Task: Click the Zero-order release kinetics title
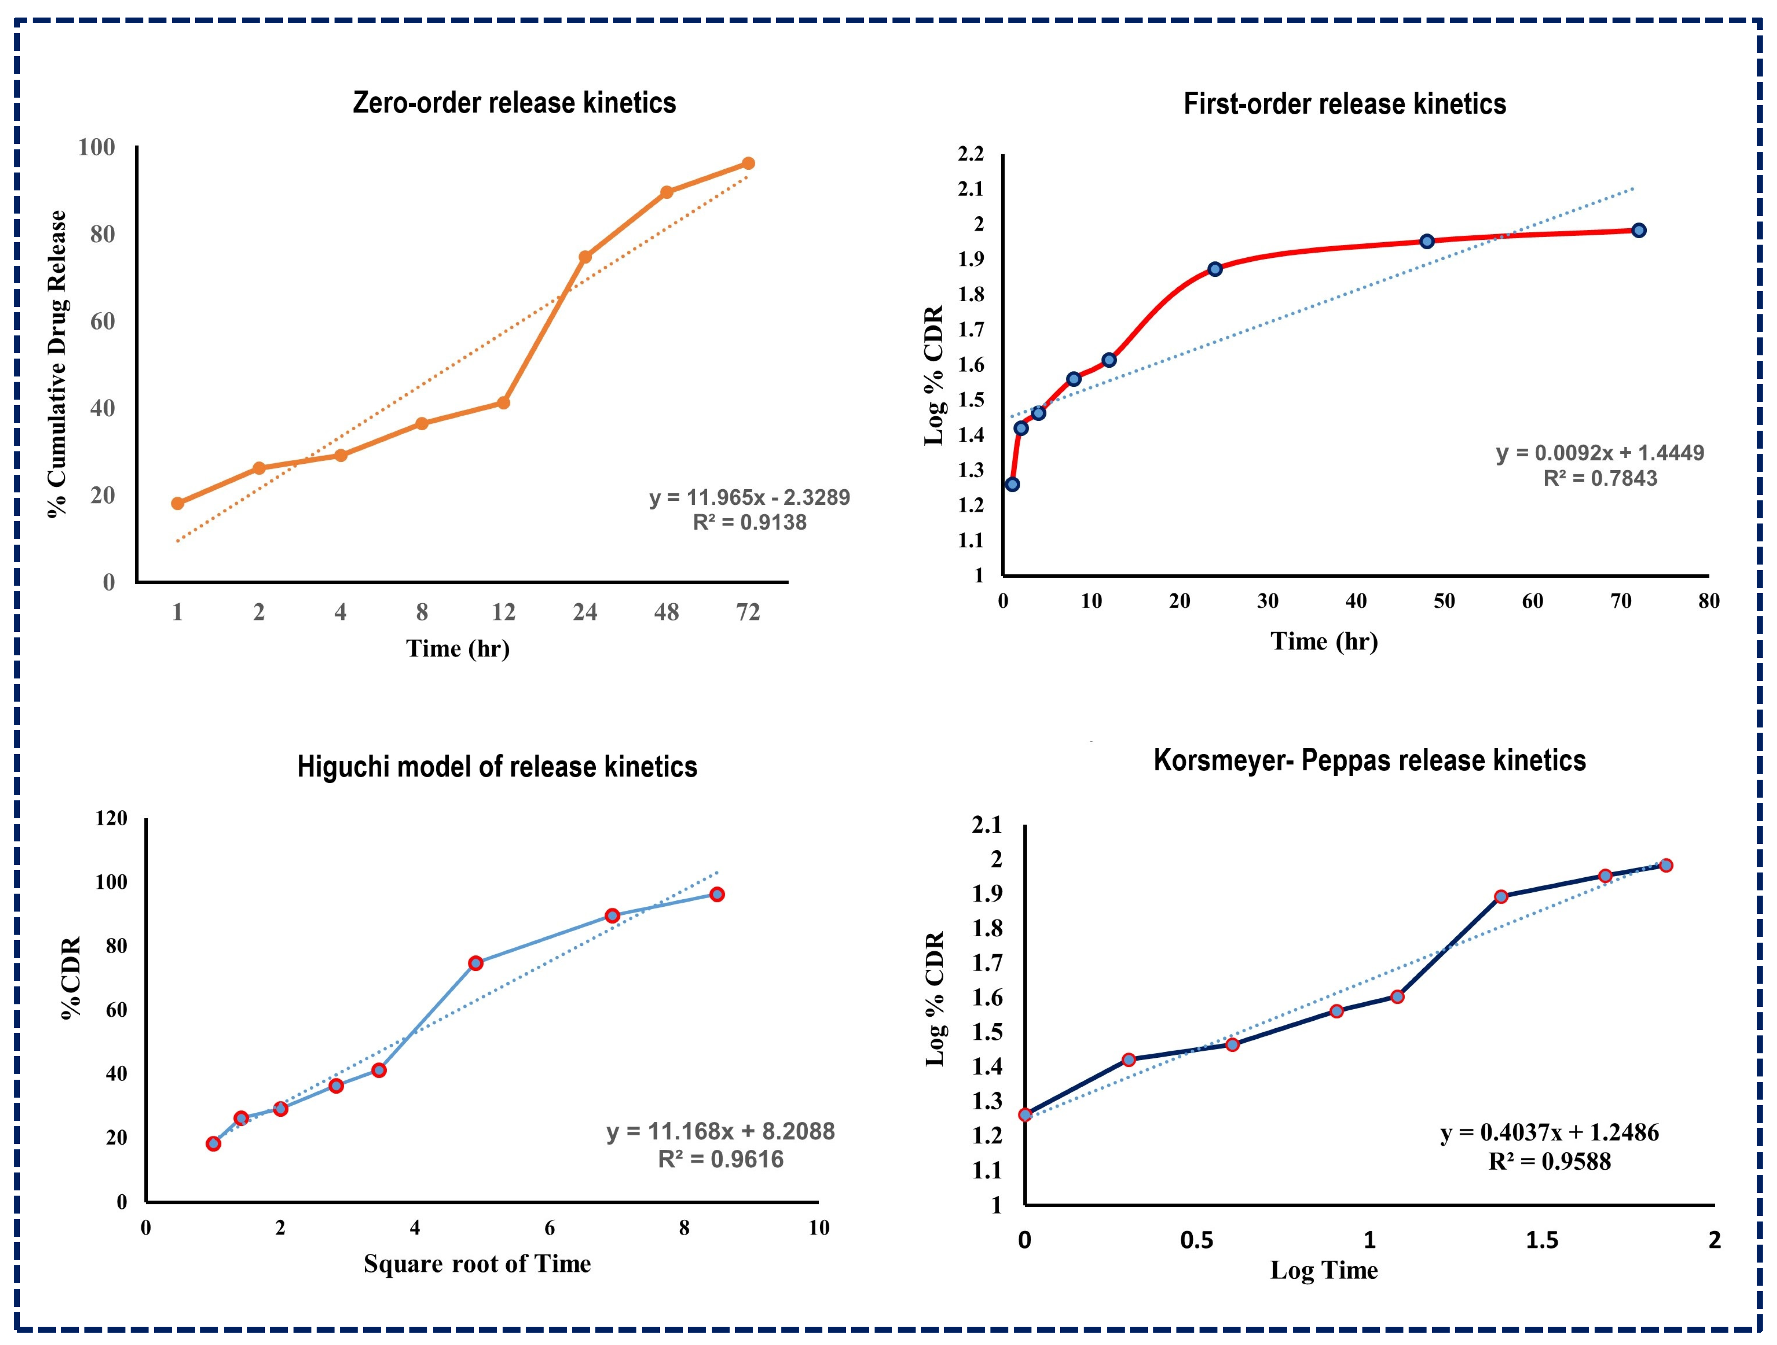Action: point(514,103)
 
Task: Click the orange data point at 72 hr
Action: point(748,163)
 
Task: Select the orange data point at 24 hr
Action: point(585,257)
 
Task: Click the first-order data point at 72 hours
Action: point(1639,231)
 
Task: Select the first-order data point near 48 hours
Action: point(1427,241)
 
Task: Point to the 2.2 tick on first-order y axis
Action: point(971,153)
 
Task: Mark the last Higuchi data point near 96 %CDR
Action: point(716,894)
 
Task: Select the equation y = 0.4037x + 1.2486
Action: point(1549,1133)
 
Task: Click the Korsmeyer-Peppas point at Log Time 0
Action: point(1025,1114)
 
